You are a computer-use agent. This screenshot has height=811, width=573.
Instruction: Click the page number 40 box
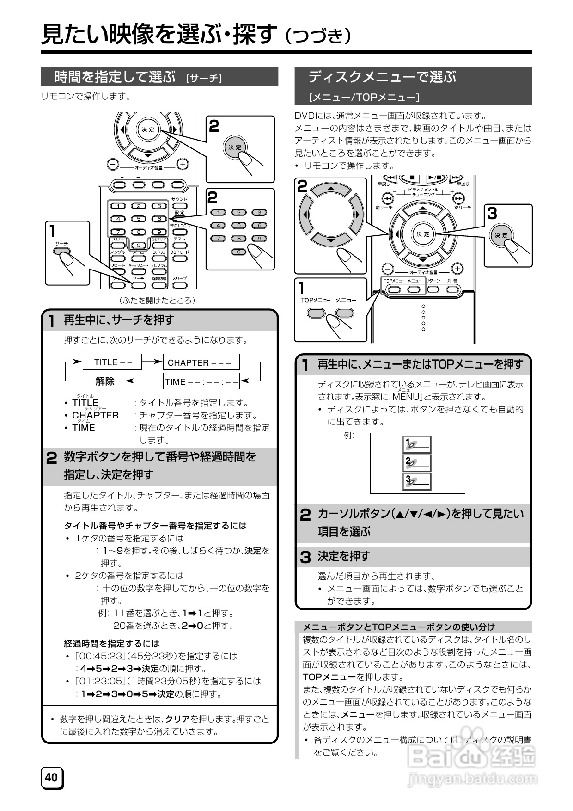click(x=52, y=778)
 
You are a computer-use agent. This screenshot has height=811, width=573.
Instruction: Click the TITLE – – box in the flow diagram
click(x=112, y=362)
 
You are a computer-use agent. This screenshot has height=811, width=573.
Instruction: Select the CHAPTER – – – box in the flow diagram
click(x=201, y=362)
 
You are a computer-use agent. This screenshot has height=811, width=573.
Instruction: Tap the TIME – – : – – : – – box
click(x=201, y=381)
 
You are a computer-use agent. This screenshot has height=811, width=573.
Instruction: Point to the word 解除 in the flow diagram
click(x=105, y=381)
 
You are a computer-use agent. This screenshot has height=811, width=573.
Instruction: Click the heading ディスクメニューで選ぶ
click(x=382, y=77)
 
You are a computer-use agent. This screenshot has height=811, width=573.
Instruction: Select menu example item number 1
click(x=417, y=444)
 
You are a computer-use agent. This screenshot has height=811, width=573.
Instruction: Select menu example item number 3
click(x=417, y=481)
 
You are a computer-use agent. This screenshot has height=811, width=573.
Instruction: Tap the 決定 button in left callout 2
click(x=235, y=147)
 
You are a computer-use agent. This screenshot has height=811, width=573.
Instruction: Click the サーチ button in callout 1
click(x=62, y=252)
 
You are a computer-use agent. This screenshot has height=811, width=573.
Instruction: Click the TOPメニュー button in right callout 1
click(x=316, y=313)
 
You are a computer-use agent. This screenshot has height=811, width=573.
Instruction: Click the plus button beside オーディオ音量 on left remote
click(x=183, y=164)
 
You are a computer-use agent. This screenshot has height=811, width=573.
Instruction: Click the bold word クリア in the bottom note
click(x=177, y=719)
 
